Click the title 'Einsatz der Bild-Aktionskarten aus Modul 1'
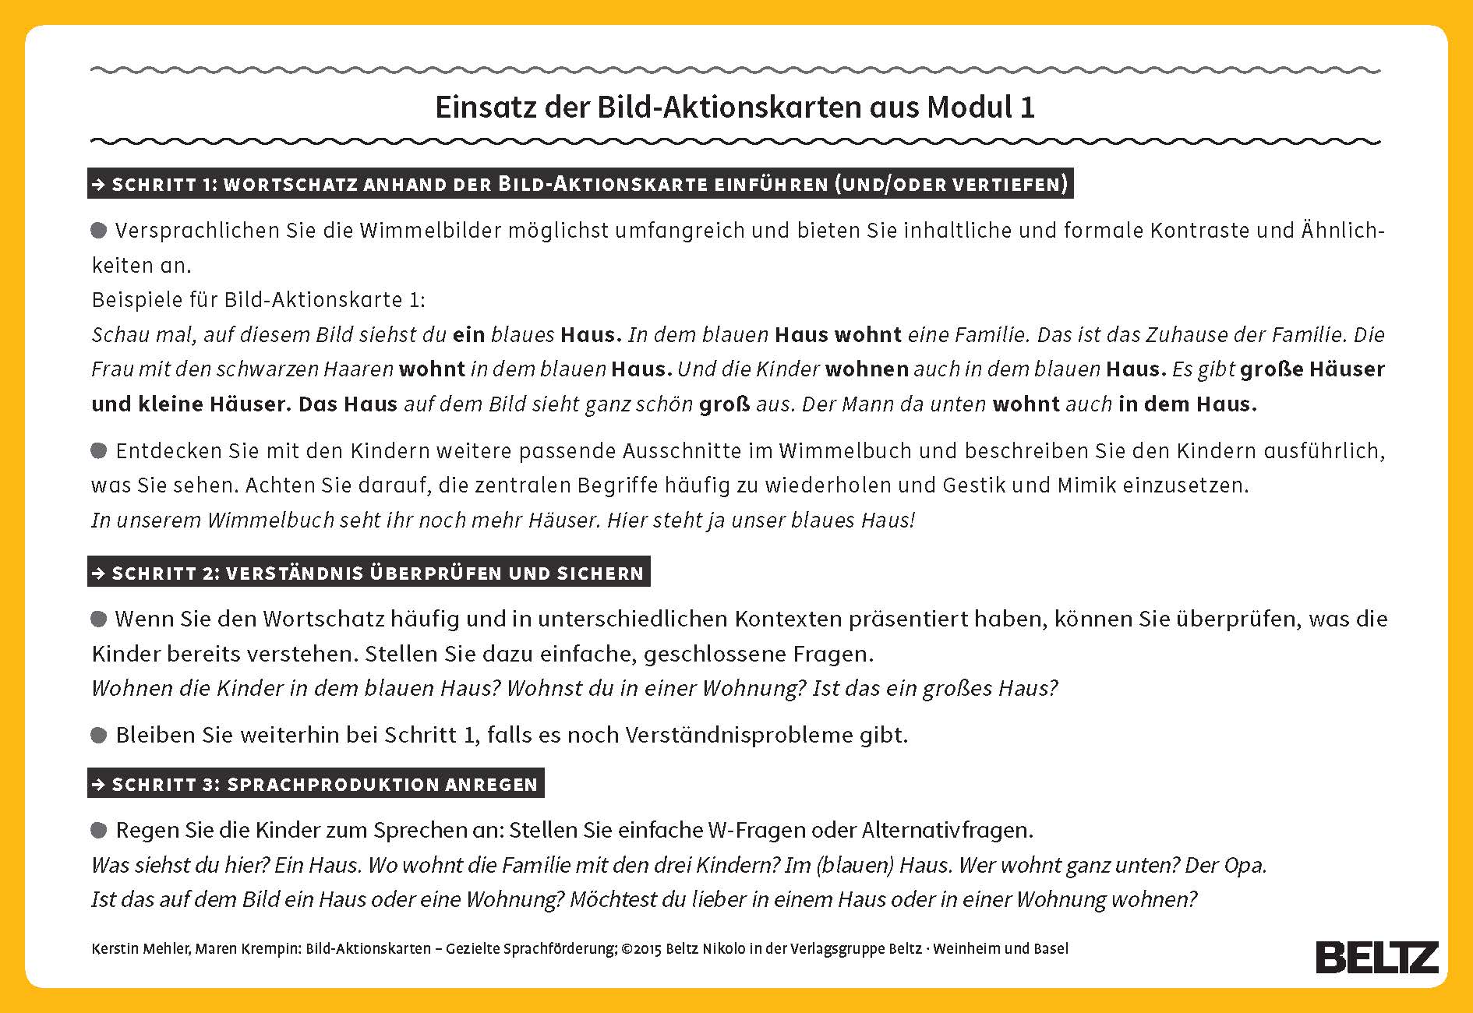pos(735,108)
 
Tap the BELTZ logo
pos(1377,957)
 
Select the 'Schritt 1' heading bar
pos(580,184)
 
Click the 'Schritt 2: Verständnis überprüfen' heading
pos(369,573)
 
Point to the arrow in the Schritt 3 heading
pos(99,785)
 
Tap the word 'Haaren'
pos(362,369)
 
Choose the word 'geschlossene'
pos(714,655)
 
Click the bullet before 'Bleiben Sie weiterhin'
pos(99,735)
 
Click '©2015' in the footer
pos(641,949)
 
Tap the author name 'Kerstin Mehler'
pos(140,949)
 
